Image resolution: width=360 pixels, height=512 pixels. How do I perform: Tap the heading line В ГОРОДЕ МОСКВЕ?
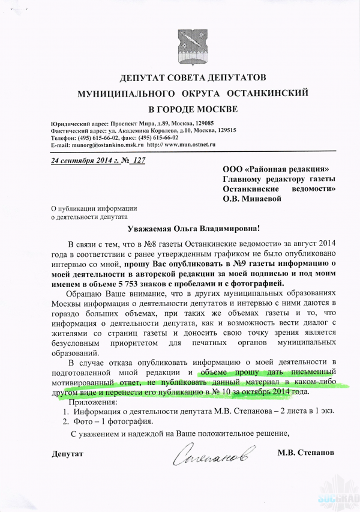tap(179, 109)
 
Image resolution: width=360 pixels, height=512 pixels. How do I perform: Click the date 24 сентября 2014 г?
tap(82, 161)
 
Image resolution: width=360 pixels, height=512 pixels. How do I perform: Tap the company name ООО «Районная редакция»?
tap(276, 170)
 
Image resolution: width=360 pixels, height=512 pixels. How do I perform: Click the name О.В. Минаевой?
tap(252, 199)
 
